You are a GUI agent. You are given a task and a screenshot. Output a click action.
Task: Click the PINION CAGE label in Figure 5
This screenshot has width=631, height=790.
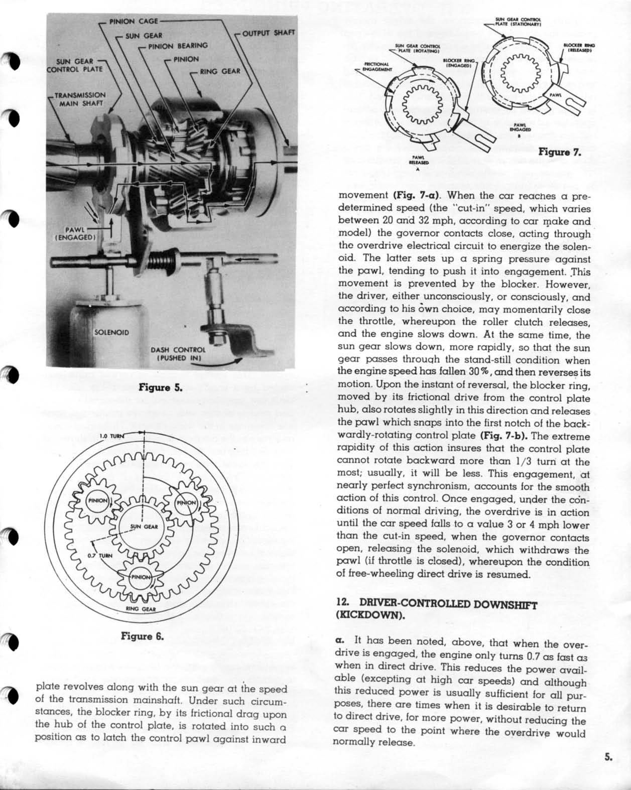tap(134, 21)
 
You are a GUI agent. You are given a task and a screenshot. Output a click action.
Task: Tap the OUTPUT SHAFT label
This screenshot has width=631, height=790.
tap(269, 33)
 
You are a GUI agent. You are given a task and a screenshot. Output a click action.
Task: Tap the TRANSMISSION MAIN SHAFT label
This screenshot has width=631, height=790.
tap(80, 99)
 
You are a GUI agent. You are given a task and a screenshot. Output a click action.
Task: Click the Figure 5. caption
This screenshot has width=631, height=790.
tap(160, 387)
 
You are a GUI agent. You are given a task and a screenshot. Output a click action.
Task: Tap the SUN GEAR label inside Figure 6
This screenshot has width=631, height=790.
tap(144, 526)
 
